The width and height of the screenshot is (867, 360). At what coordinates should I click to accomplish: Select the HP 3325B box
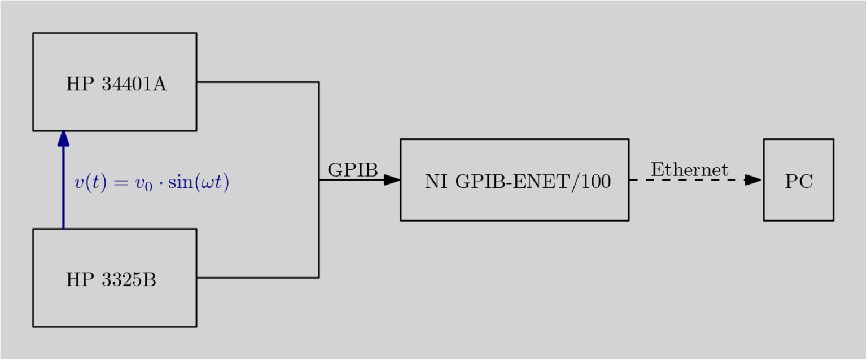click(115, 305)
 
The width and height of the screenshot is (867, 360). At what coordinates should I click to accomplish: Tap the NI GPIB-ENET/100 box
click(514, 203)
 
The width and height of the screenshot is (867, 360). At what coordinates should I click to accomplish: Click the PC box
click(798, 200)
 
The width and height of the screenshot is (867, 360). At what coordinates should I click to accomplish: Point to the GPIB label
click(352, 170)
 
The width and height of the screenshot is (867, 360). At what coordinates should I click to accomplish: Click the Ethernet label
click(689, 169)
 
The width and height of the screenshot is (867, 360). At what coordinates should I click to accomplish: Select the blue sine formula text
click(151, 183)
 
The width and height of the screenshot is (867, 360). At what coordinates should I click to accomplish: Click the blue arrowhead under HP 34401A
click(63, 138)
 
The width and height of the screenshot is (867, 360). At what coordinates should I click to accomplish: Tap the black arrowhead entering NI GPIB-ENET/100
click(392, 180)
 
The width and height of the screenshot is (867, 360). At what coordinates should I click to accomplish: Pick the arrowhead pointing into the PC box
click(753, 180)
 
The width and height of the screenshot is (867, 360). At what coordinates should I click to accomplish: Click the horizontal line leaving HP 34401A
click(257, 82)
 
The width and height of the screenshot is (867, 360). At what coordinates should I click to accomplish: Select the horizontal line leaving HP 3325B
click(257, 278)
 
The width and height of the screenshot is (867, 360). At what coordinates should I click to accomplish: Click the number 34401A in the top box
click(134, 85)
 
